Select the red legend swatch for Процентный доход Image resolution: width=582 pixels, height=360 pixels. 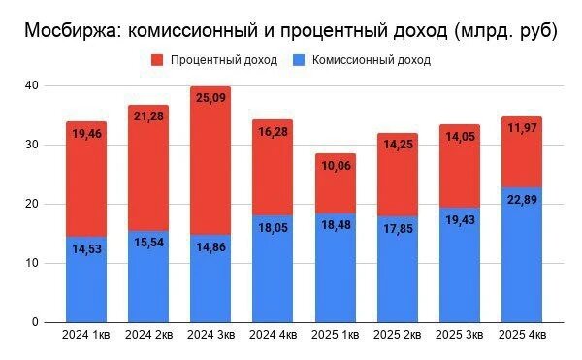[157, 60]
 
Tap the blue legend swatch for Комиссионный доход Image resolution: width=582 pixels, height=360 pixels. [298, 60]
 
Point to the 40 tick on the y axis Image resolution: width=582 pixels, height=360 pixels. [32, 85]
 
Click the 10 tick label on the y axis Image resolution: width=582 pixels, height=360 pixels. [32, 263]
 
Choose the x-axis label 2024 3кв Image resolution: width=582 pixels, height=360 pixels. [210, 336]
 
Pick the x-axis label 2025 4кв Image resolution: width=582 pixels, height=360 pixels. [522, 336]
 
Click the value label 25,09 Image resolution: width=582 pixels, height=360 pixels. [210, 98]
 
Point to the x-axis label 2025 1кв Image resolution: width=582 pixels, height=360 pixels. [335, 336]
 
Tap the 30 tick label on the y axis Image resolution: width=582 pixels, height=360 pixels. [32, 145]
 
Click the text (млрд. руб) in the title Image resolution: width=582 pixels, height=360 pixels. [505, 30]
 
